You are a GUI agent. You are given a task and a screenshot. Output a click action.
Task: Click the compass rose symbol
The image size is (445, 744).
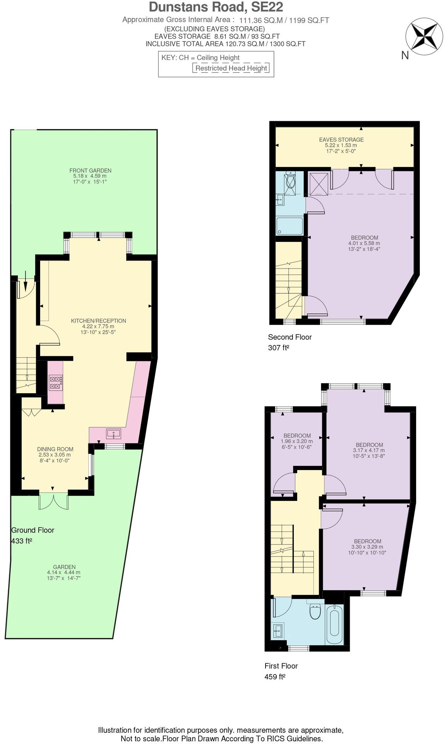click(424, 36)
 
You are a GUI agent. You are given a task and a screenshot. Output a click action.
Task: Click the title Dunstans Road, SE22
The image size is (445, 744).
click(216, 7)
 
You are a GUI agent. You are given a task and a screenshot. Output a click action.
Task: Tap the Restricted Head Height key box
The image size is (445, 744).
click(231, 68)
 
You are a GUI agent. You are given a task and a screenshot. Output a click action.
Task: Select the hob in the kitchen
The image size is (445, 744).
click(56, 382)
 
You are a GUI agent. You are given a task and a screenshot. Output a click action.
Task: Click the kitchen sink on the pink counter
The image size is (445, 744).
click(113, 434)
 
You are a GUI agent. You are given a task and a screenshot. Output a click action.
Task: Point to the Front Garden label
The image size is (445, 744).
click(90, 171)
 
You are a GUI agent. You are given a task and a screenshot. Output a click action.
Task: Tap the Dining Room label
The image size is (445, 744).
click(55, 449)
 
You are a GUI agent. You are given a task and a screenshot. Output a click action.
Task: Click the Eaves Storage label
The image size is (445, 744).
click(341, 140)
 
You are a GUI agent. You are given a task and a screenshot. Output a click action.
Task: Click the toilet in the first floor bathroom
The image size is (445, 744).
click(315, 612)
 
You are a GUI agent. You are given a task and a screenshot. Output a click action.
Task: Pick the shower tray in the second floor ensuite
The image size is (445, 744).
click(289, 226)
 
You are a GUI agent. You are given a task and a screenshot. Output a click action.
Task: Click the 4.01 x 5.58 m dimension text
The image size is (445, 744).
click(364, 243)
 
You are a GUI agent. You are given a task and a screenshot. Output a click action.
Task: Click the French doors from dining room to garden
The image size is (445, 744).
click(53, 501)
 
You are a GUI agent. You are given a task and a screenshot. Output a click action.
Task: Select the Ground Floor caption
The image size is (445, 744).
click(33, 530)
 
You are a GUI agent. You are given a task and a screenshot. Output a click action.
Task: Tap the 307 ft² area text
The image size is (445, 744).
click(278, 348)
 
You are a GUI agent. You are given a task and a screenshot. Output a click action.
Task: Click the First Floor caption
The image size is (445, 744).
click(281, 666)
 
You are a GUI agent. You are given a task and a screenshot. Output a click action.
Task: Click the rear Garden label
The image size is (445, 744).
click(64, 567)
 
